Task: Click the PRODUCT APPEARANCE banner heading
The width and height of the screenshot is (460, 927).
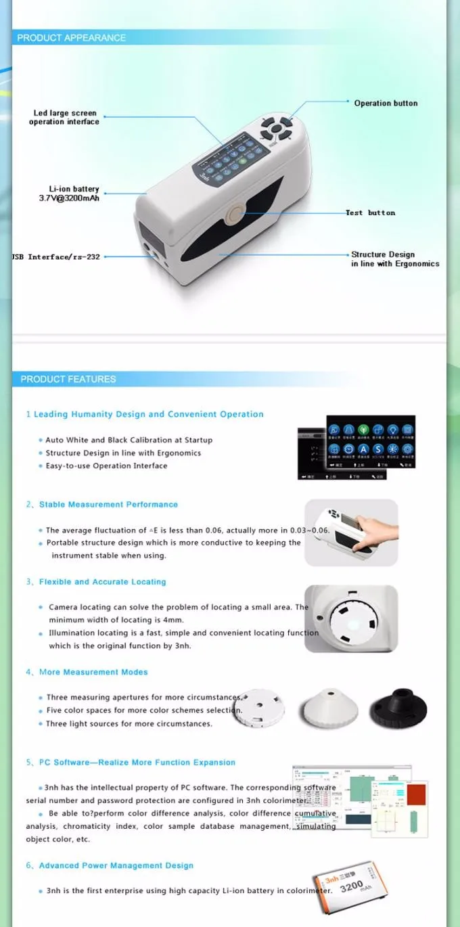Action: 71,38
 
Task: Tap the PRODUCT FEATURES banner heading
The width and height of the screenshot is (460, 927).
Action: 68,379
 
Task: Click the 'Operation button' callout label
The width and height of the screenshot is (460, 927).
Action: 386,104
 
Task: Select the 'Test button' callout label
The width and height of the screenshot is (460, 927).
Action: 371,213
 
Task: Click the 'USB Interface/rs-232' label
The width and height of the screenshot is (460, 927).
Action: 55,257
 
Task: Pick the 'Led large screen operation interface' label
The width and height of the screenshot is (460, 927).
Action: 64,118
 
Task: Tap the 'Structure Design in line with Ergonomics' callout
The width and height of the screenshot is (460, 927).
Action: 394,259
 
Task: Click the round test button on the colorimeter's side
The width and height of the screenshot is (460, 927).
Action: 235,215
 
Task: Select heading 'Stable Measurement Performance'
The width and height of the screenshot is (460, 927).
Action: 108,505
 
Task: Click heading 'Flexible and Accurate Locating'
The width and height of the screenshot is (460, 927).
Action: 102,582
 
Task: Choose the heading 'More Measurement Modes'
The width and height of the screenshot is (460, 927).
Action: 93,672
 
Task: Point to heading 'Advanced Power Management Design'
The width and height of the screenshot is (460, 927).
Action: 116,865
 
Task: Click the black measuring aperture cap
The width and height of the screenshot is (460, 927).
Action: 397,709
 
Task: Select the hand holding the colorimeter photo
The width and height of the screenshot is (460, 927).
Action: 351,533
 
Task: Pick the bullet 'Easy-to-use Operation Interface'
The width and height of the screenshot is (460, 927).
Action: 106,466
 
